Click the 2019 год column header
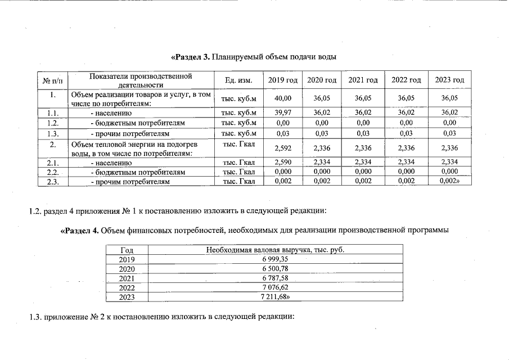[x=282, y=80]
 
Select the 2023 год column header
[x=449, y=80]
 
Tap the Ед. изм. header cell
[x=238, y=80]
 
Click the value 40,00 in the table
[x=282, y=99]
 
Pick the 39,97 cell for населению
[x=282, y=113]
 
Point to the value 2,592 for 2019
[x=282, y=148]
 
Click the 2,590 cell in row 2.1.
[x=282, y=163]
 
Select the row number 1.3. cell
[x=53, y=133]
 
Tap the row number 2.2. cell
[x=53, y=172]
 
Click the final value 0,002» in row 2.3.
[x=451, y=182]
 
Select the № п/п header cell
[x=53, y=80]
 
